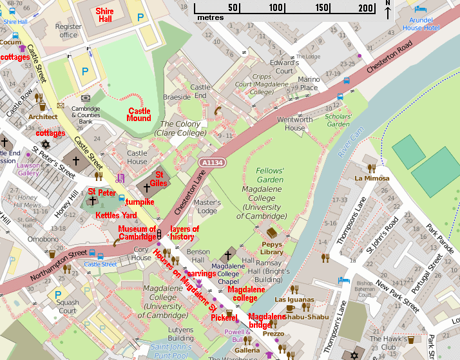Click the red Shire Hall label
[105, 15]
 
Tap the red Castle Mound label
[139, 115]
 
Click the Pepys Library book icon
[273, 232]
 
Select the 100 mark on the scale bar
[276, 8]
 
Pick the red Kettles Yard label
[116, 215]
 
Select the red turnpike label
[140, 202]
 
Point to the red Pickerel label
[223, 317]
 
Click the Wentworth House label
[295, 124]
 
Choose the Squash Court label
[68, 307]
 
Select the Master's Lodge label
[207, 207]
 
